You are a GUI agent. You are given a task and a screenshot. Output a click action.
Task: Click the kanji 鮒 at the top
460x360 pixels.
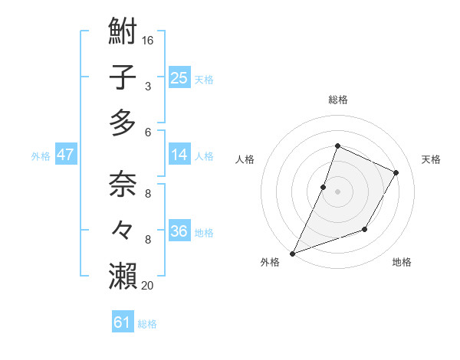point(123,33)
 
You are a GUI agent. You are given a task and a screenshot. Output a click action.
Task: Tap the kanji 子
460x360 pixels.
point(123,77)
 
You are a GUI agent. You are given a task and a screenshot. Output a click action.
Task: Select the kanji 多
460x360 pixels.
point(123,122)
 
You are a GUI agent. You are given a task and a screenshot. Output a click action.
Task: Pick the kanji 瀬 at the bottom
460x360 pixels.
point(123,275)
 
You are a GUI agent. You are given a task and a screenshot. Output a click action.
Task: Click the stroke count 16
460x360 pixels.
point(148,39)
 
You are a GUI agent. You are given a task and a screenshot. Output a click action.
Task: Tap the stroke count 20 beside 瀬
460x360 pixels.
point(148,286)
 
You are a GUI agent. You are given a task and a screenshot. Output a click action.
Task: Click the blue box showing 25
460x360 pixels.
point(179,78)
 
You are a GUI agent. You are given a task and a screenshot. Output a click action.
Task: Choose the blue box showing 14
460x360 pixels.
point(179,155)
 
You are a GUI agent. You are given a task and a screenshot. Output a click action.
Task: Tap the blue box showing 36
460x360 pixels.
point(179,231)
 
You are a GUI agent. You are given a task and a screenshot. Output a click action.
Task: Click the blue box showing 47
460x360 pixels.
point(66,155)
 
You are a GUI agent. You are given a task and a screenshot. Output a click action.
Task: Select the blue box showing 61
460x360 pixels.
point(123,322)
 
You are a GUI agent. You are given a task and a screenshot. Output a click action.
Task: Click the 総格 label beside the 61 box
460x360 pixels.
point(147,324)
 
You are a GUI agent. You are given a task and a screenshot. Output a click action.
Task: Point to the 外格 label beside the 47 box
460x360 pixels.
point(41,156)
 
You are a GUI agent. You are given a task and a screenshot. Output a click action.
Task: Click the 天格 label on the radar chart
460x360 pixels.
point(431,159)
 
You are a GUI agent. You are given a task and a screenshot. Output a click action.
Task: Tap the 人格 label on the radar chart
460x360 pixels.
point(245,159)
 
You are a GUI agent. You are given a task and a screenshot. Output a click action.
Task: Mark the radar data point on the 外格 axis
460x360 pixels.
point(292,253)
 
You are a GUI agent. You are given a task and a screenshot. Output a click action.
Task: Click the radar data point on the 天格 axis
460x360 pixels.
point(396,172)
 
